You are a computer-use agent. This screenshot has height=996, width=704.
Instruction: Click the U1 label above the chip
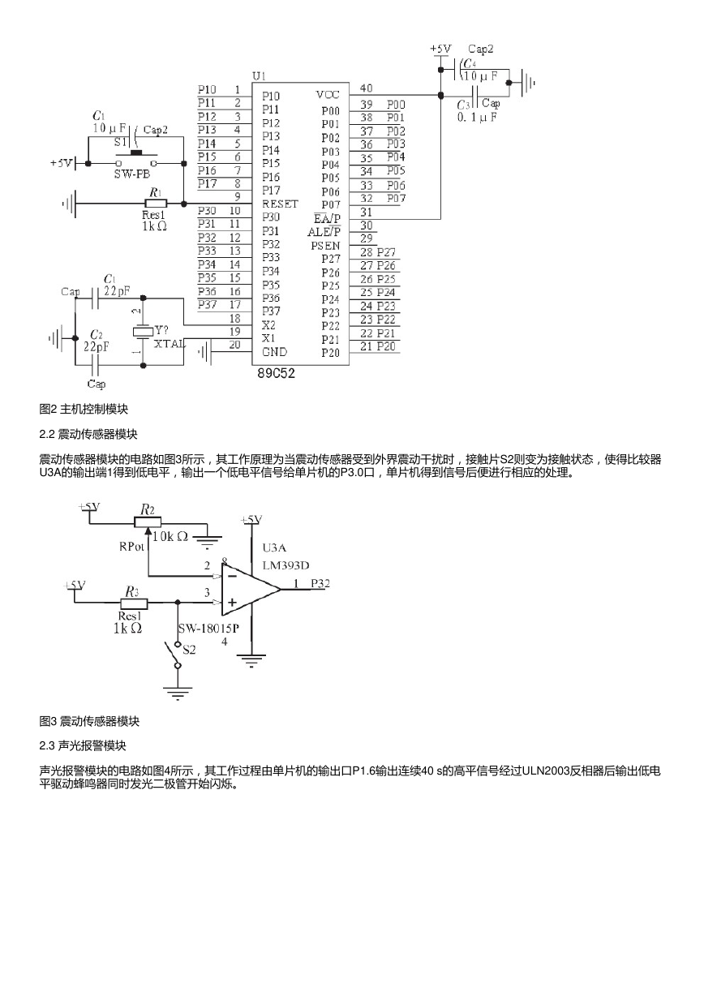tap(259, 76)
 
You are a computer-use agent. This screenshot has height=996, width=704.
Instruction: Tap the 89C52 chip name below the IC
tap(276, 373)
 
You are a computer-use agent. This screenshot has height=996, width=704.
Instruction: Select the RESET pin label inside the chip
tap(280, 204)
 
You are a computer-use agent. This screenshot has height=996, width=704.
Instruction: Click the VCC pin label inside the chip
tap(328, 95)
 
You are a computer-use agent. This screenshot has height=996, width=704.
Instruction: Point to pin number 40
tap(366, 88)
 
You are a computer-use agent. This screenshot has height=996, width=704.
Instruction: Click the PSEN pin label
tap(325, 246)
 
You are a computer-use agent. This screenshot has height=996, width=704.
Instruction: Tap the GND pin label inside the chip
tap(274, 352)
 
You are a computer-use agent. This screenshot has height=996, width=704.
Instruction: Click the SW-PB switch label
tap(132, 174)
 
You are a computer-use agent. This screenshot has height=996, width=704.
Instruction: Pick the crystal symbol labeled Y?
tap(143, 331)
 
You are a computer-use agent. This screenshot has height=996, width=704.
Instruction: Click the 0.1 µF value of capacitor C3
tap(477, 118)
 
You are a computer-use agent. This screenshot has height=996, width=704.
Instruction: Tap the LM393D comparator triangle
tap(251, 590)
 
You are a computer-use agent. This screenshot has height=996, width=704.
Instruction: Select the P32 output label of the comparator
tap(320, 583)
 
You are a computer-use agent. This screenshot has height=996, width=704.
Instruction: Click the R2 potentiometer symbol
tap(147, 523)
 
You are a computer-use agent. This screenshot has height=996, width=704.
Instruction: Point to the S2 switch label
tap(189, 650)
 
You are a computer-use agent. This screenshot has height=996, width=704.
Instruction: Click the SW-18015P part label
tap(208, 629)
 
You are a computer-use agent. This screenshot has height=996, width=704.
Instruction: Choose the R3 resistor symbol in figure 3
tap(134, 603)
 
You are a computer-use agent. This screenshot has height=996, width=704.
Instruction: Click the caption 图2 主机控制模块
tap(84, 409)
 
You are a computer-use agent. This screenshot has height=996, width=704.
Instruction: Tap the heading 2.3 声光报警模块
tap(83, 745)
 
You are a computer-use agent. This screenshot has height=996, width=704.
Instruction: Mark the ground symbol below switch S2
tap(178, 693)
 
